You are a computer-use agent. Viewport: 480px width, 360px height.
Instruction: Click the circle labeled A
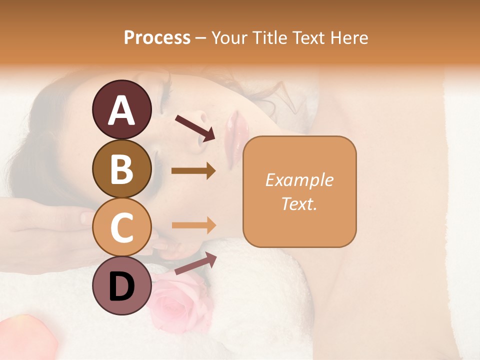121,109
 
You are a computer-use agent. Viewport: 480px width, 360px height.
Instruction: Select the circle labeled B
121,168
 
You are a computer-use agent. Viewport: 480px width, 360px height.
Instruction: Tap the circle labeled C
121,227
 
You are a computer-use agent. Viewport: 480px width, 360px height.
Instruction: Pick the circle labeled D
121,285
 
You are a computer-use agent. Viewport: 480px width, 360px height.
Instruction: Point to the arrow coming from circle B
193,171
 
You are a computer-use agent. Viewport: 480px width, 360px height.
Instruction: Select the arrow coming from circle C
193,225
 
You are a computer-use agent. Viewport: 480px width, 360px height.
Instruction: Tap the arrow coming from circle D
195,263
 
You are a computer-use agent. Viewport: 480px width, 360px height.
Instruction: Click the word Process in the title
157,38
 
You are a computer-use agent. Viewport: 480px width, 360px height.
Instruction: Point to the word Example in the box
299,180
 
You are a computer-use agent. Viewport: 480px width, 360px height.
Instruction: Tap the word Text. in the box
299,203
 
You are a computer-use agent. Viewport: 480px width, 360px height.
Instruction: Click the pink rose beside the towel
177,302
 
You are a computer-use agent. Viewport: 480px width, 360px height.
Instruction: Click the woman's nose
202,127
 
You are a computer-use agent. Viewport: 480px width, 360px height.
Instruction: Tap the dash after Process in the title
200,38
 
